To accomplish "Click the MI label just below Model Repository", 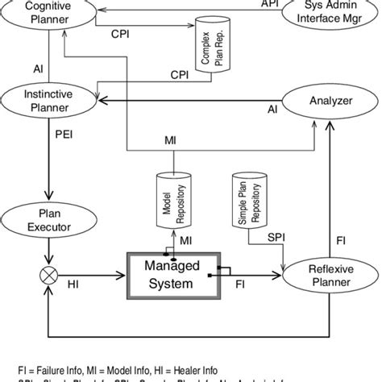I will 186,241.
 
